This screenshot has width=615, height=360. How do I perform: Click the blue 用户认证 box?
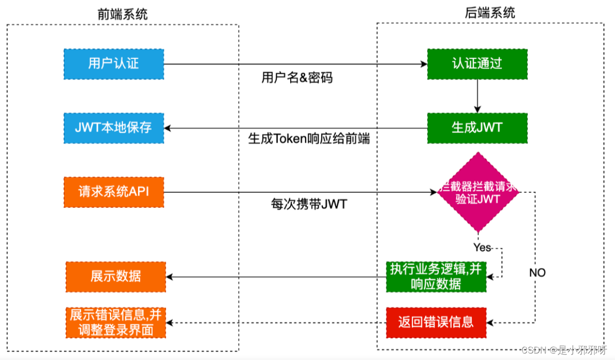pyautogui.click(x=114, y=64)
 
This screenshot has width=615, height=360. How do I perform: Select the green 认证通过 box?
pyautogui.click(x=477, y=64)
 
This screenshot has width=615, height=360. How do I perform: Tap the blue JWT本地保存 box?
pyautogui.click(x=114, y=128)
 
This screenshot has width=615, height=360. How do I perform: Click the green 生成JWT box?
pyautogui.click(x=477, y=128)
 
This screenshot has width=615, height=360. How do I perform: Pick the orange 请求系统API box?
pyautogui.click(x=114, y=192)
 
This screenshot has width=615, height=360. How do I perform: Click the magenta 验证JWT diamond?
pyautogui.click(x=478, y=193)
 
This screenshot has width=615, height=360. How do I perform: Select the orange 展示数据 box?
pyautogui.click(x=116, y=276)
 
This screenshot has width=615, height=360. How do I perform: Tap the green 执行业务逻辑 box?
pyautogui.click(x=436, y=276)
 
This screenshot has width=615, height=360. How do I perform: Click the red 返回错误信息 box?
pyautogui.click(x=436, y=322)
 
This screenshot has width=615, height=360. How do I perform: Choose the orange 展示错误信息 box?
pyautogui.click(x=116, y=322)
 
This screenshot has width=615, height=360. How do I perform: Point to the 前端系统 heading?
pyautogui.click(x=123, y=15)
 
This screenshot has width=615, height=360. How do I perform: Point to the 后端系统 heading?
pyautogui.click(x=490, y=13)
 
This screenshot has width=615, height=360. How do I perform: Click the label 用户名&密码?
pyautogui.click(x=297, y=78)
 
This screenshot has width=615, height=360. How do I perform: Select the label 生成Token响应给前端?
pyautogui.click(x=309, y=139)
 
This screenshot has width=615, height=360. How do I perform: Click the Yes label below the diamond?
pyautogui.click(x=481, y=247)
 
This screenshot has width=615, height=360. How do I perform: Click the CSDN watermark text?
pyautogui.click(x=563, y=350)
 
